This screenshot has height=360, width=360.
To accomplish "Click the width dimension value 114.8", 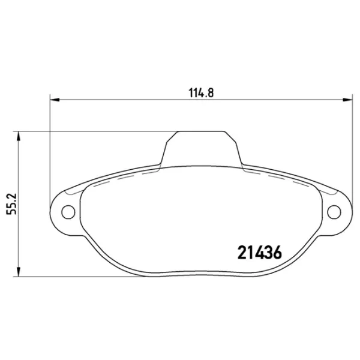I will click(x=201, y=92).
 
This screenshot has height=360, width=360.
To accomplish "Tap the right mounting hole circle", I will click(x=334, y=211).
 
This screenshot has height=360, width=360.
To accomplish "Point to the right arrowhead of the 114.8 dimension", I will click(x=348, y=100).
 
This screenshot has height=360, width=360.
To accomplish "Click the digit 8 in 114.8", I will click(x=211, y=92).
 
